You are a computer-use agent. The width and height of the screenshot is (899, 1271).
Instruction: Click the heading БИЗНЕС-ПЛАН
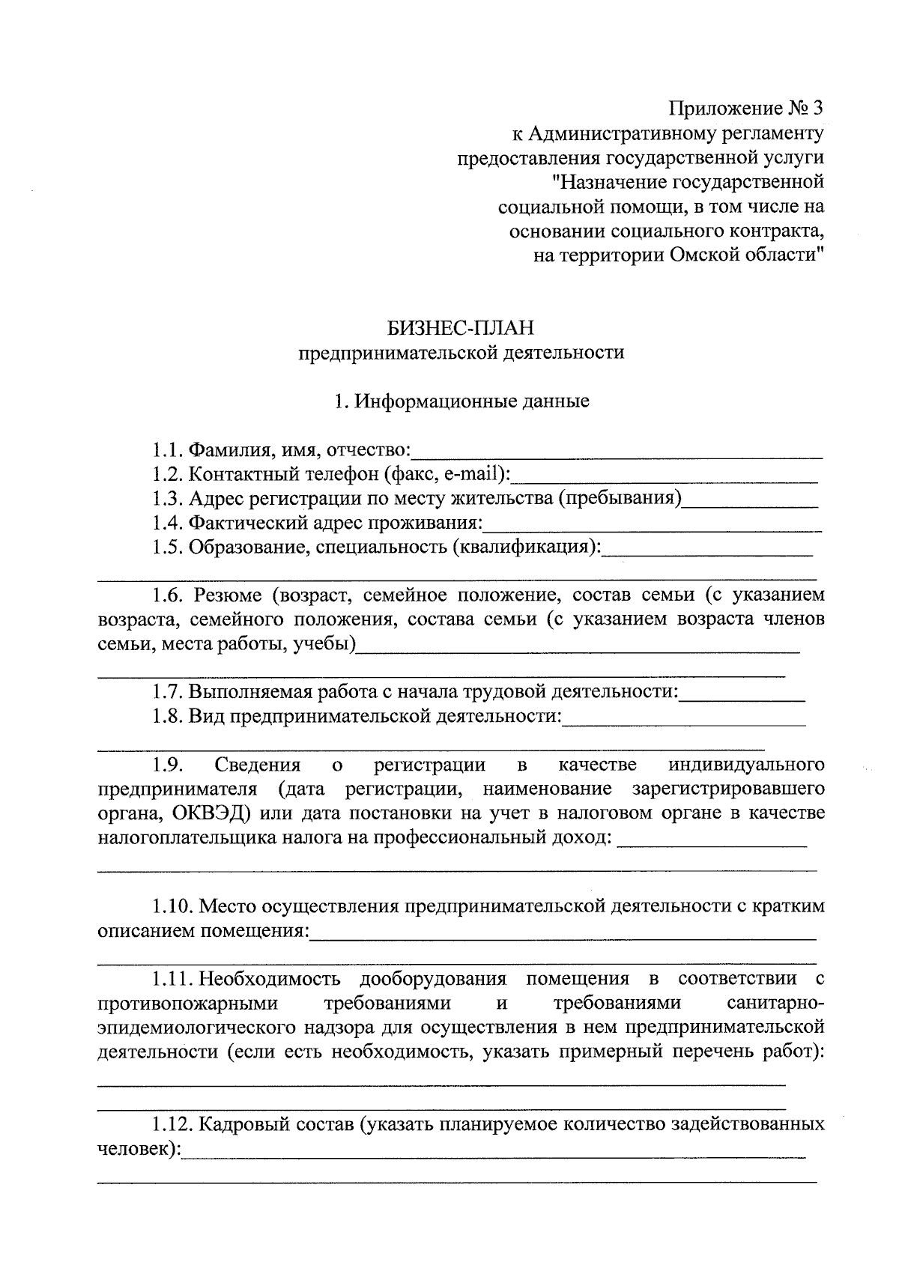point(461,328)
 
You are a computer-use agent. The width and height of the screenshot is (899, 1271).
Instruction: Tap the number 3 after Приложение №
point(817,109)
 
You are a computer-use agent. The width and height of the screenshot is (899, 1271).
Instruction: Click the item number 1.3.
point(167,498)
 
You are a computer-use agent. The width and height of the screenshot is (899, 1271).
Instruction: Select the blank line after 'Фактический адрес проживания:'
point(652,526)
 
